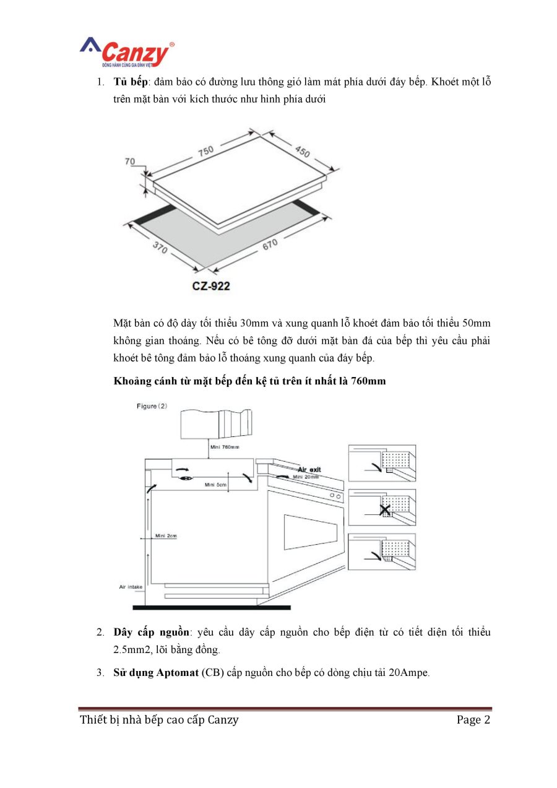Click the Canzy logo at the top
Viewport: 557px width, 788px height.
tap(127, 53)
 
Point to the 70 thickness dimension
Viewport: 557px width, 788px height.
tap(130, 162)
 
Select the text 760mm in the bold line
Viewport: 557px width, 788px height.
tap(368, 381)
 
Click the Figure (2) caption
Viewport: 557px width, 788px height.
tap(152, 406)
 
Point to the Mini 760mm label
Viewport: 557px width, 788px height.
tap(224, 446)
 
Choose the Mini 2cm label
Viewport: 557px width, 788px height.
tap(166, 535)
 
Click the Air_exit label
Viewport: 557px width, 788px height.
tap(309, 470)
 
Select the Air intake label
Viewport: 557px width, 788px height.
tap(131, 586)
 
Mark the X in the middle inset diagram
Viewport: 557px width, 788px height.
tap(385, 511)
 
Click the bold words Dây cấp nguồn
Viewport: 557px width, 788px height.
tap(151, 633)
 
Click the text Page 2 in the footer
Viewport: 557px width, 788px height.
tap(473, 720)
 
